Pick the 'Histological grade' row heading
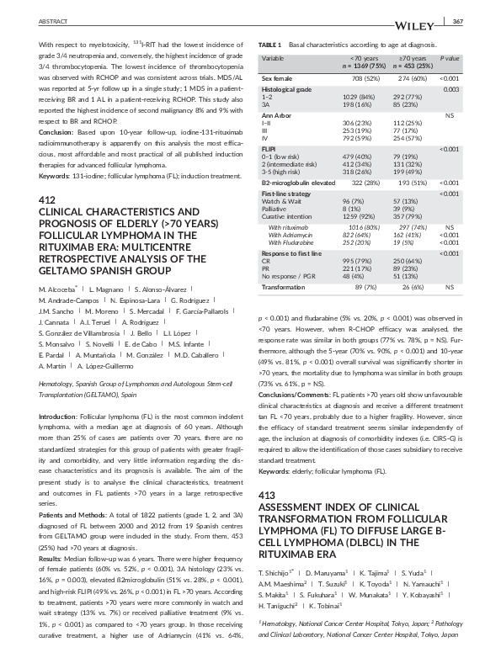(286, 88)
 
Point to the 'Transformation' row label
(284, 287)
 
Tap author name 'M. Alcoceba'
(60, 289)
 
